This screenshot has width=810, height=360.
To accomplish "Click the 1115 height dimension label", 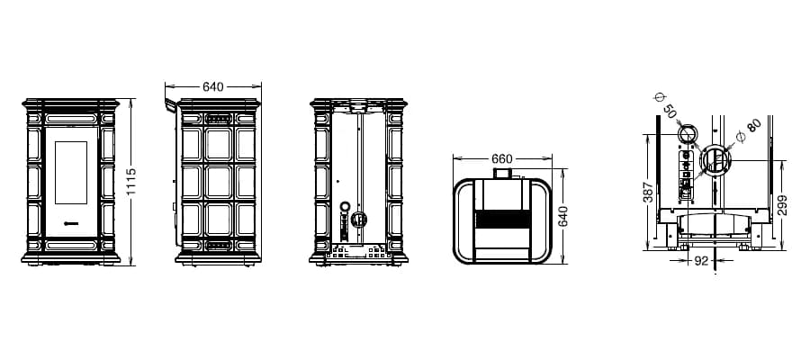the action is (130, 182).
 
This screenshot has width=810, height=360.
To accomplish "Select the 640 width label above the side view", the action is (212, 86).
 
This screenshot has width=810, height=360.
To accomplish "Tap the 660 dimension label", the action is (501, 158).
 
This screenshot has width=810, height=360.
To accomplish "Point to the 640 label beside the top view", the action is (563, 216).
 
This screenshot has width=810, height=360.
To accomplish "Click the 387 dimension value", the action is (649, 192).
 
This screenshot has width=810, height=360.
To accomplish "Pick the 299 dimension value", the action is (782, 205).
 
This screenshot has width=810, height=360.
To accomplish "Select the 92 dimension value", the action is (701, 261).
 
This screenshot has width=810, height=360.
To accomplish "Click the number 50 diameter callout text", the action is (669, 111).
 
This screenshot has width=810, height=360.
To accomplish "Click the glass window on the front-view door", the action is (71, 173).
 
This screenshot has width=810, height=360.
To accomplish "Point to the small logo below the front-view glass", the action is (71, 223).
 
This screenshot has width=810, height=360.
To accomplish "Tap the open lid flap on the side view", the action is (170, 105).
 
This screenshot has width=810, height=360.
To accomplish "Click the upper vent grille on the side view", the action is (218, 119).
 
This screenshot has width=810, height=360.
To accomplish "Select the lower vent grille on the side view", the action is (218, 246).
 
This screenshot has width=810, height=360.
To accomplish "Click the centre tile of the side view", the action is (219, 182).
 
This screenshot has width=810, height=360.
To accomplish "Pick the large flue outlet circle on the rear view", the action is (358, 220).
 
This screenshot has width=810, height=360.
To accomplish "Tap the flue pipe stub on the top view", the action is (502, 174).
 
